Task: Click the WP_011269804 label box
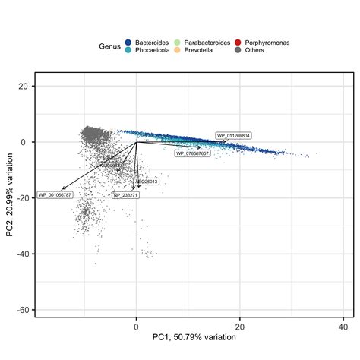click(x=233, y=135)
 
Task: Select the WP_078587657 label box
click(x=192, y=153)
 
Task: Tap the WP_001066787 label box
click(x=55, y=195)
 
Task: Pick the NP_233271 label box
click(x=125, y=195)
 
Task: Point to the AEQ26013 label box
click(x=147, y=182)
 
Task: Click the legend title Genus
click(x=110, y=46)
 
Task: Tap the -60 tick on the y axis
click(x=23, y=310)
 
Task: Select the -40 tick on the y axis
click(x=23, y=254)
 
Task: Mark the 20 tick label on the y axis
click(x=24, y=86)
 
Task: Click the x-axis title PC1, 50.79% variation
click(x=194, y=337)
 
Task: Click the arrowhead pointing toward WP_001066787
click(x=63, y=188)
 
